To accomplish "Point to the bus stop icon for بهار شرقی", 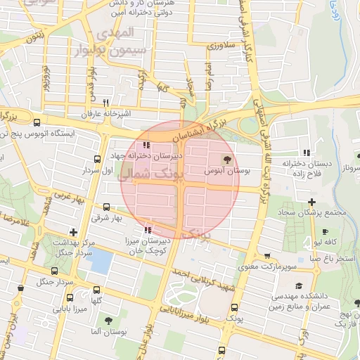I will [x=106, y=207].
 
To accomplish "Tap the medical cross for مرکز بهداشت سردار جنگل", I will [x=73, y=232].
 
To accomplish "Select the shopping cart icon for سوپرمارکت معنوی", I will [x=266, y=256].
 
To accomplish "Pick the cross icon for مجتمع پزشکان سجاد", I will [x=311, y=202].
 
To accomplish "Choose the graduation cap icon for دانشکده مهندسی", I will [x=300, y=285].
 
